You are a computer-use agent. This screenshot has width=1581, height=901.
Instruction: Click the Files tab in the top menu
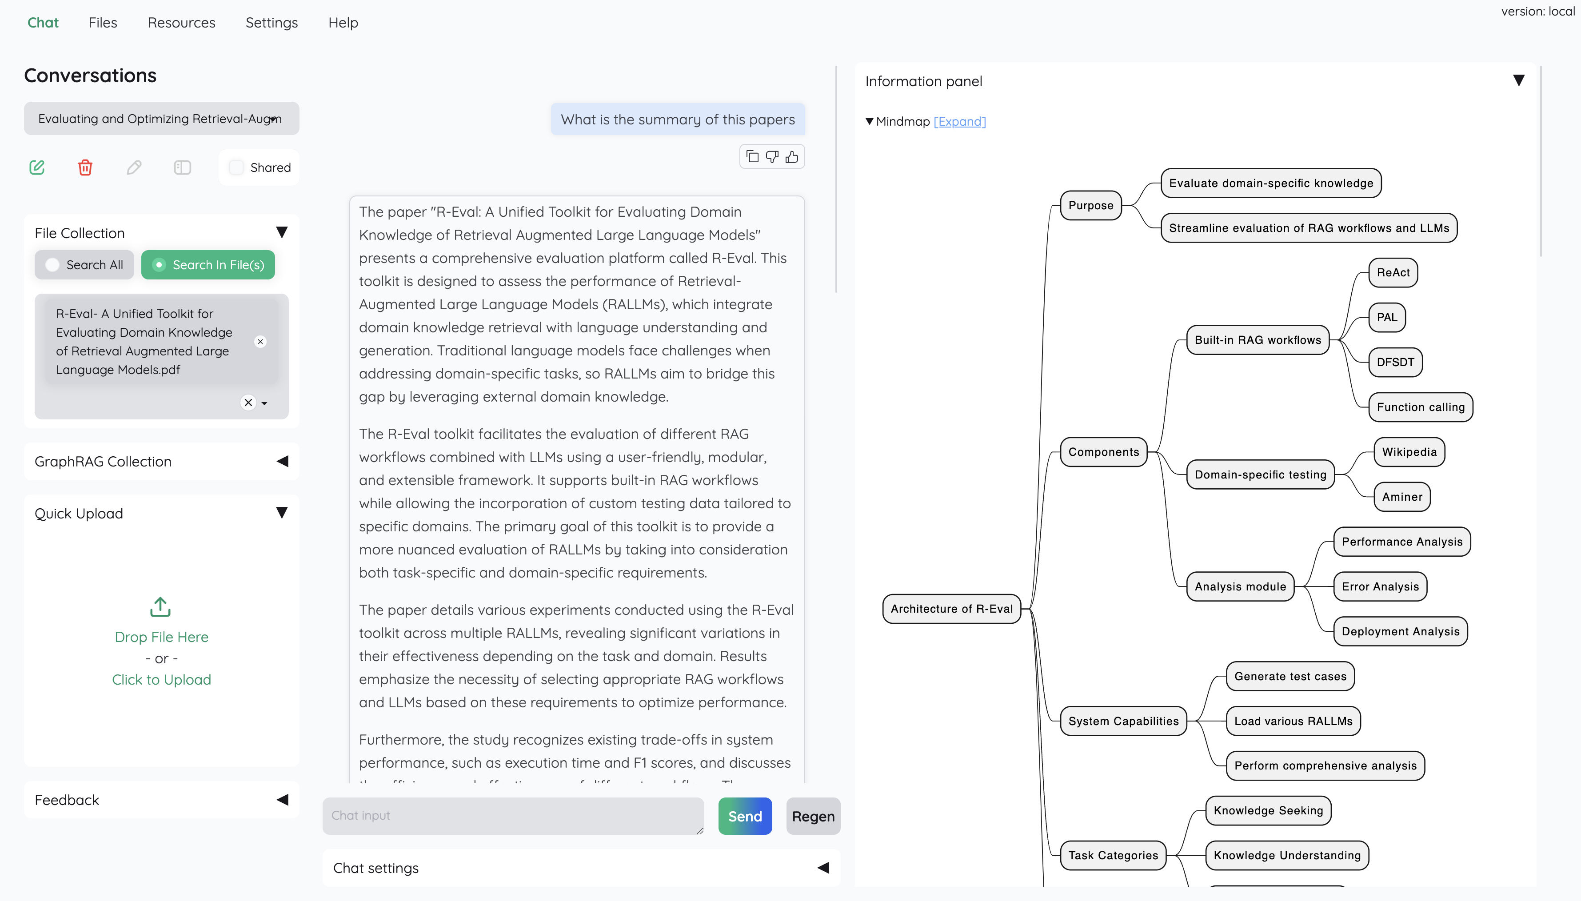(x=103, y=23)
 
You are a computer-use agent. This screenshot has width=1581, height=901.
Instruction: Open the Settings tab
(x=271, y=23)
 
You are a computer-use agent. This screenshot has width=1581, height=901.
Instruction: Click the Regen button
(x=812, y=816)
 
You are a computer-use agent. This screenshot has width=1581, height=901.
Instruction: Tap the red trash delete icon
(x=85, y=167)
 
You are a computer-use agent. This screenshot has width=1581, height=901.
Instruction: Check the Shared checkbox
(x=236, y=167)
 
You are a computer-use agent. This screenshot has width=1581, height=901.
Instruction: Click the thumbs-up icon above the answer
(x=792, y=157)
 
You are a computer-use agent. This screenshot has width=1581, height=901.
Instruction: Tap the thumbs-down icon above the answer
(x=772, y=157)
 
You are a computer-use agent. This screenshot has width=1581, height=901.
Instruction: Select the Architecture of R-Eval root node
(x=951, y=609)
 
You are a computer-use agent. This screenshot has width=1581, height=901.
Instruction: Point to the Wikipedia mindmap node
(x=1409, y=452)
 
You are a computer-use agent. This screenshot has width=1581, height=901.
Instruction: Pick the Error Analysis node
(x=1380, y=586)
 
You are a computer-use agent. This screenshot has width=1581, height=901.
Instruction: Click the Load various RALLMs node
(x=1293, y=722)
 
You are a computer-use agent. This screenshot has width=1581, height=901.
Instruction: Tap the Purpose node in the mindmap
(x=1090, y=205)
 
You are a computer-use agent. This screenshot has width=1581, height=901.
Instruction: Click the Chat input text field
(x=512, y=816)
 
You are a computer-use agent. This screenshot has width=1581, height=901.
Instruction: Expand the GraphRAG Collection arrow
(x=282, y=462)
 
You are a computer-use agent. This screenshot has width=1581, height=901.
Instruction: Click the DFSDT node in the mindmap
(x=1395, y=363)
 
